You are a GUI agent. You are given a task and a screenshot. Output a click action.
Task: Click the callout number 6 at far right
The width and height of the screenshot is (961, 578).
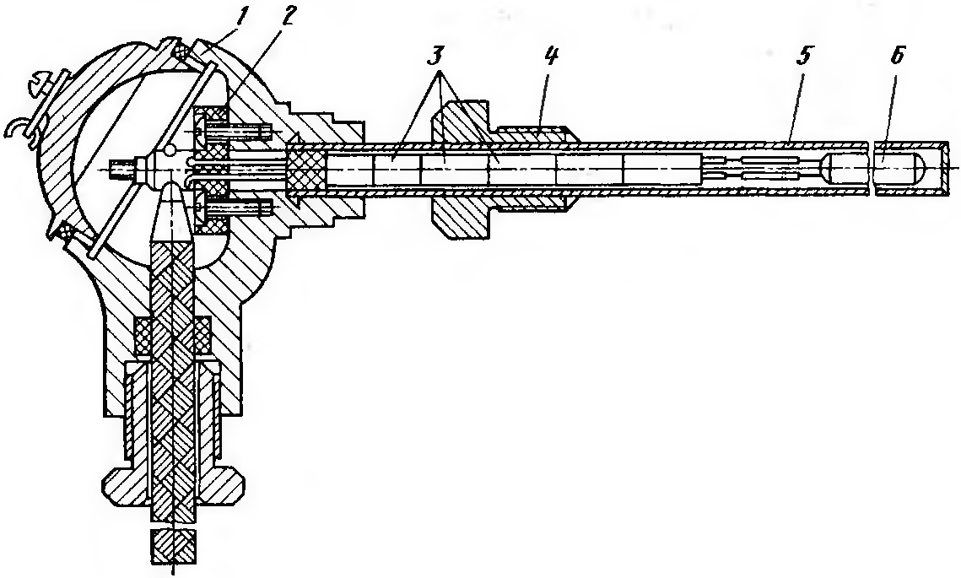tap(894, 57)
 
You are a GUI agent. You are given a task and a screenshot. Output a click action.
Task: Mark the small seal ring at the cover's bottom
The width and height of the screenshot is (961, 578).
tap(66, 232)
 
